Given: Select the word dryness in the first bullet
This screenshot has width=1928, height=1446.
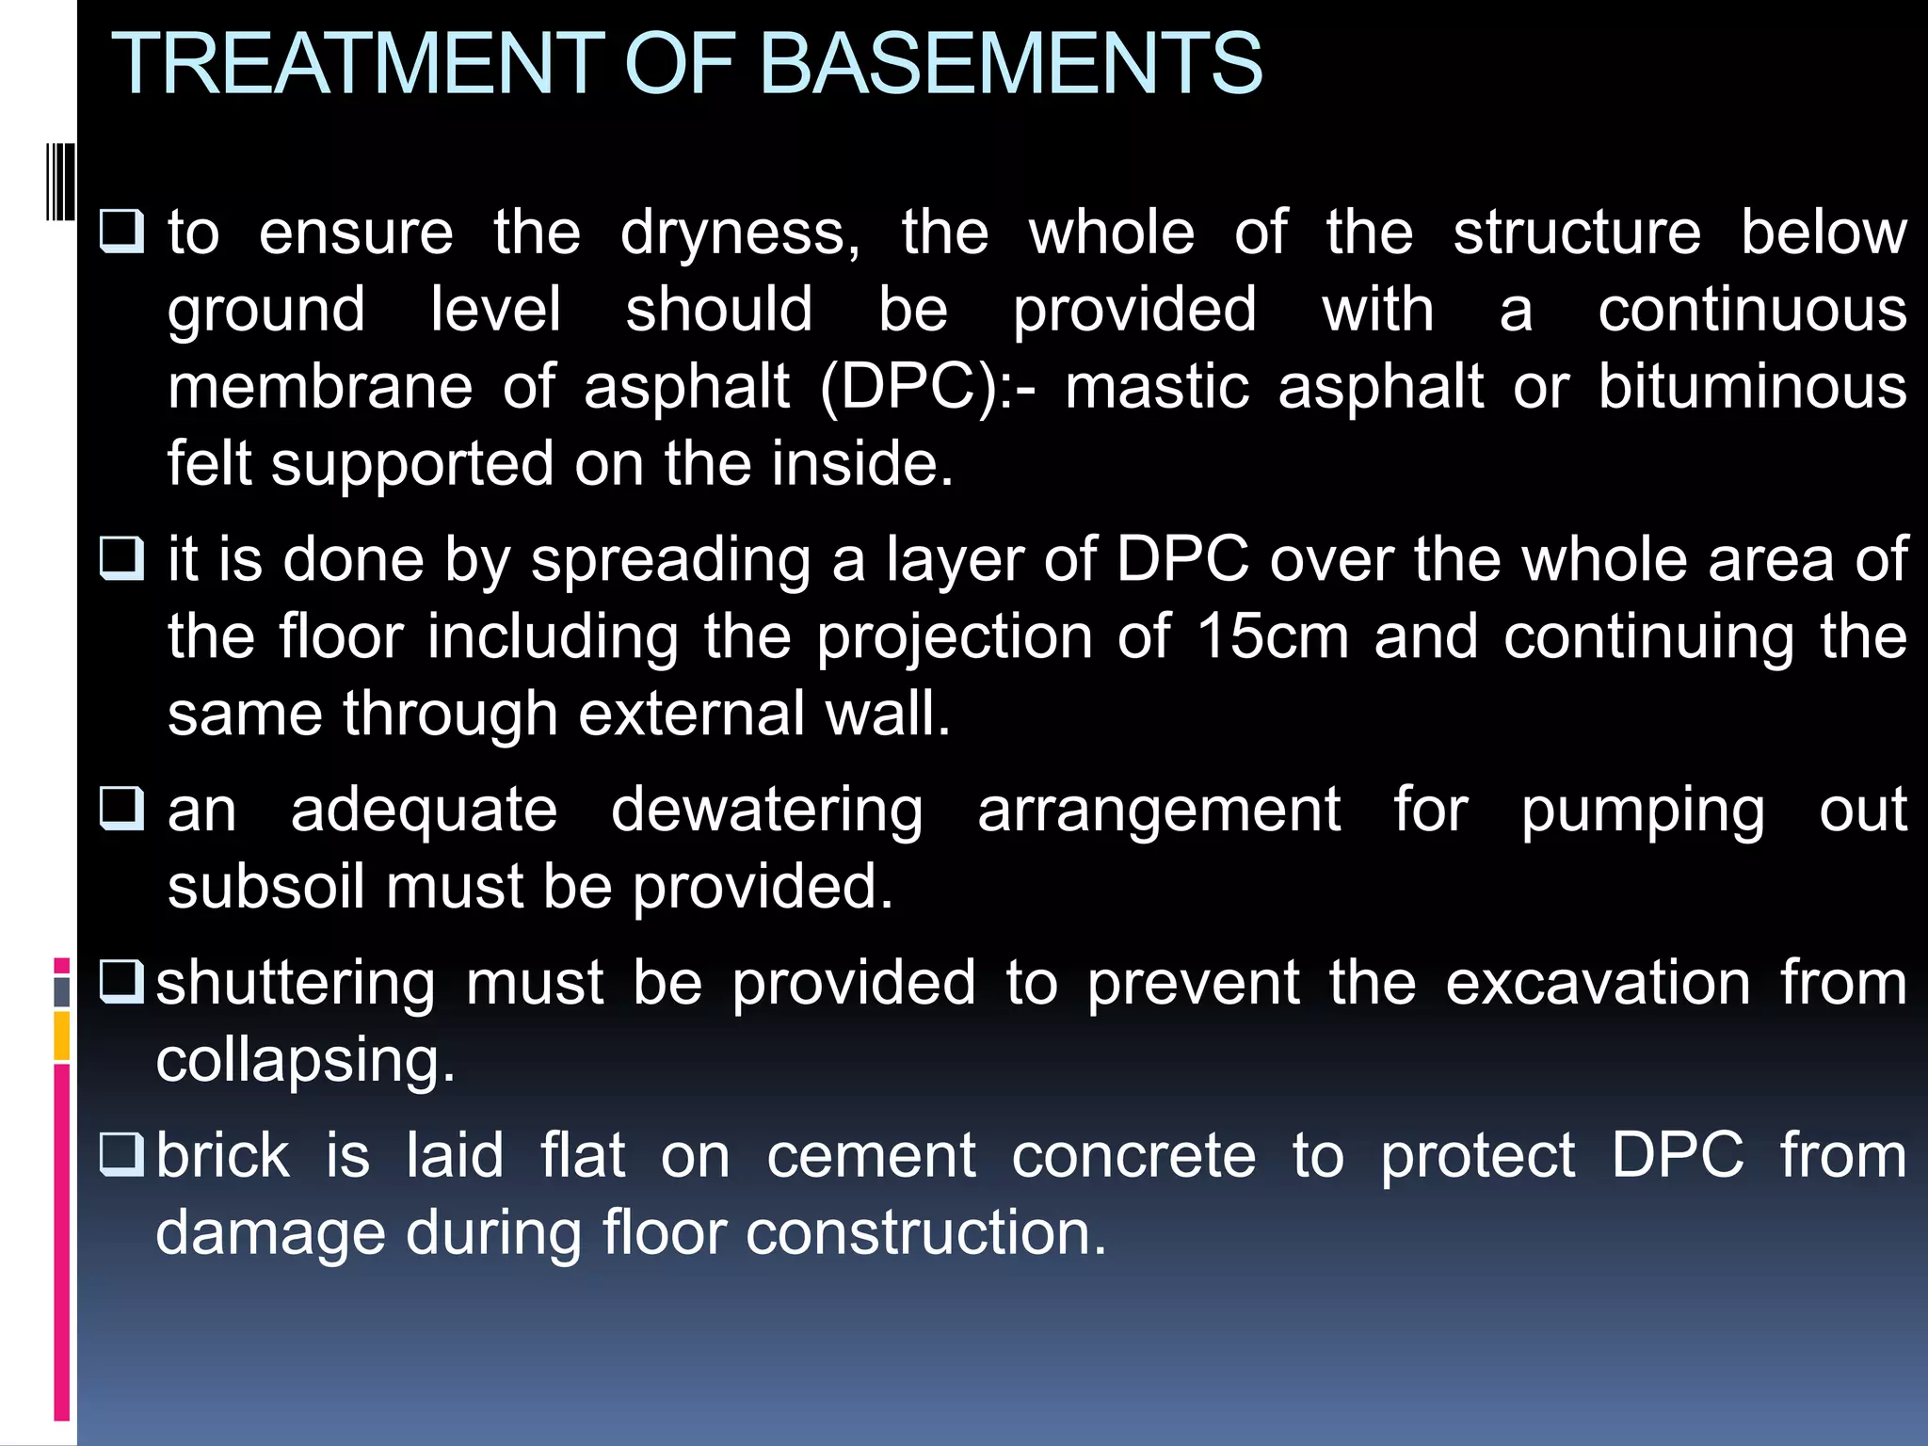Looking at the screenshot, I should (x=740, y=233).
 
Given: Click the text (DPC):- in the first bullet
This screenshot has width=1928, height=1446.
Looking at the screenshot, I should (x=927, y=388).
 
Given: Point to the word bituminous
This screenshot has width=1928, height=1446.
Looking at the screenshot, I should (x=1752, y=388).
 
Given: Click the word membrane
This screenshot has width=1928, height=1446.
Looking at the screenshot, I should (x=320, y=388).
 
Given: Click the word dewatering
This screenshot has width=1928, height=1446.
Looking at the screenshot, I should (x=767, y=811).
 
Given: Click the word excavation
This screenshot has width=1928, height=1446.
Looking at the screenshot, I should (x=1598, y=984).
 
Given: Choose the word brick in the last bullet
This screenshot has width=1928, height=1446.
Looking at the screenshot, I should (x=223, y=1156).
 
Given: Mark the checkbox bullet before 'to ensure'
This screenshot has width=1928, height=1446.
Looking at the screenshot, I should (x=122, y=232).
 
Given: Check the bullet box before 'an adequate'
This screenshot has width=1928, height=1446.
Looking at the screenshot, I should (x=122, y=809).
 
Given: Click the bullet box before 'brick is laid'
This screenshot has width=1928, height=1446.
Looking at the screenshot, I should (x=122, y=1155).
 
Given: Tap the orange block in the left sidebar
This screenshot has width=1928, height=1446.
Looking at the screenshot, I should (x=61, y=1036).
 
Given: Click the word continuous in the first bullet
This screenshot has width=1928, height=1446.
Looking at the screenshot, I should (x=1752, y=311).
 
